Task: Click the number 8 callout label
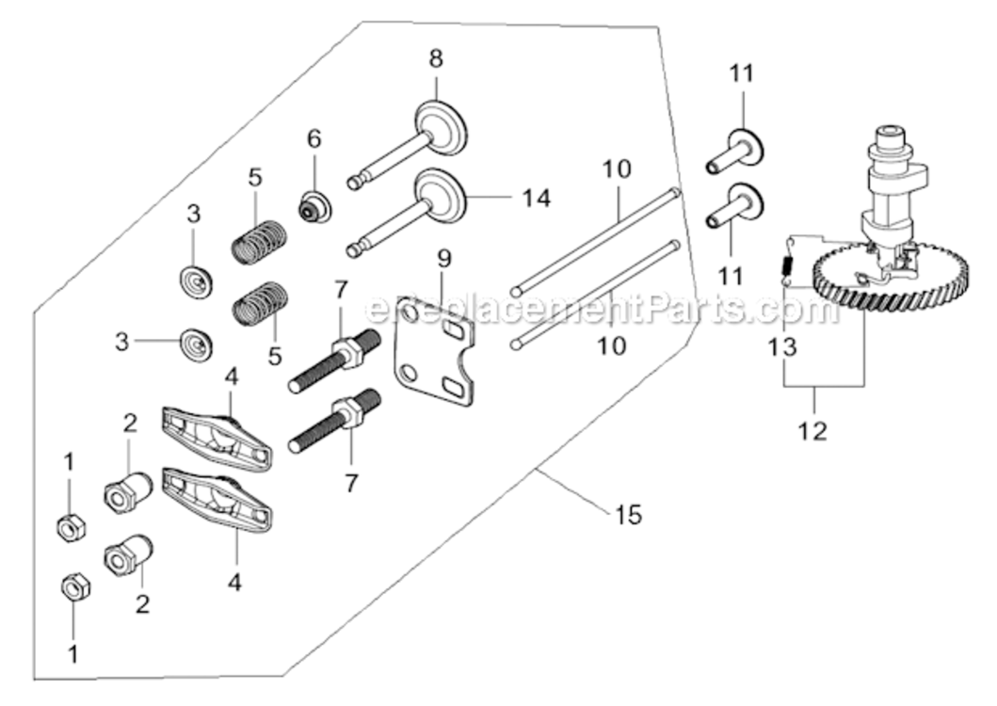pos(435,58)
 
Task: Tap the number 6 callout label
pos(314,138)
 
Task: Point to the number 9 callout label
pos(444,256)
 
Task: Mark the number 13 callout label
pos(782,346)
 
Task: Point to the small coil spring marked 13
pos(786,267)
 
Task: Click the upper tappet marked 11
pos(734,149)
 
